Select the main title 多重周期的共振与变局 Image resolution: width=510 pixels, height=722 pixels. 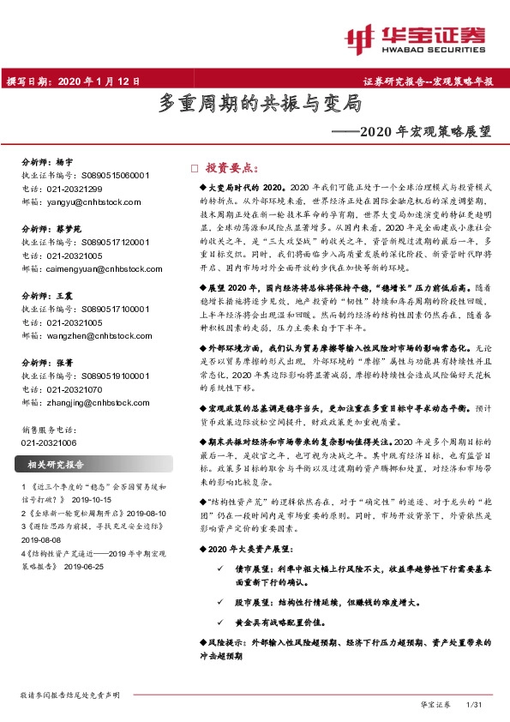[x=260, y=105]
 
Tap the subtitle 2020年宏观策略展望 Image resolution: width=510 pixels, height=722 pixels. [x=412, y=132]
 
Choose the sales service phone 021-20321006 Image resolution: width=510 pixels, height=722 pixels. [x=49, y=442]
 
